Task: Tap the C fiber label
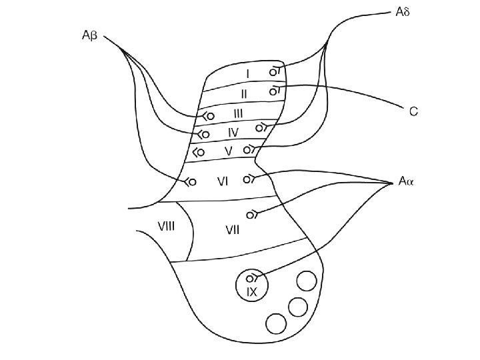coord(413,112)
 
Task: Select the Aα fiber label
coord(406,181)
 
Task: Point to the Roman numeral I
coord(247,73)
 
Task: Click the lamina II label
coord(244,93)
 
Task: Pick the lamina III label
coord(239,114)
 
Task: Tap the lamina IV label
coord(233,132)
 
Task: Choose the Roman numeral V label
coord(228,151)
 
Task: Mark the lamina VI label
coord(223,181)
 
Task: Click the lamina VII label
coord(233,230)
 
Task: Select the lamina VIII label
coord(166,225)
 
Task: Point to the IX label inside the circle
coord(251,292)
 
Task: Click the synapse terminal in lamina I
coord(273,71)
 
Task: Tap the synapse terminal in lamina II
coord(273,91)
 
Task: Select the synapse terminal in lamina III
coord(209,116)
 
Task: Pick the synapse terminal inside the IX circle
coord(250,278)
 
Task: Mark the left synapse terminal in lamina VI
coord(191,181)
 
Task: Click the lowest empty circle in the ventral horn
coord(275,323)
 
